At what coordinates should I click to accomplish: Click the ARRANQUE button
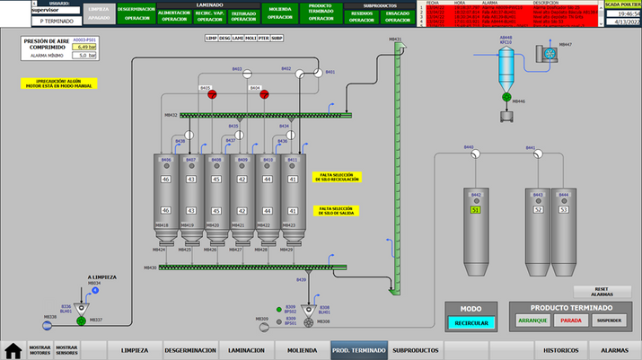pos(532,321)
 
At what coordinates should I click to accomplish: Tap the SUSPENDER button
pos(609,321)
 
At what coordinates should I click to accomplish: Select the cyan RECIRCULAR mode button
pos(471,322)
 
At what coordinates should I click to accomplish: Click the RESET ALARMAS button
pos(602,292)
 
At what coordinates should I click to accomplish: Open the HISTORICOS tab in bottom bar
pos(561,350)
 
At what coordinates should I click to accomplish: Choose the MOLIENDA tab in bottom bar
pos(300,350)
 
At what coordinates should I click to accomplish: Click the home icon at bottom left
pos(13,350)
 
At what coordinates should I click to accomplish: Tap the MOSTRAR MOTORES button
pos(40,350)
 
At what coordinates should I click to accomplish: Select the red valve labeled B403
pos(213,94)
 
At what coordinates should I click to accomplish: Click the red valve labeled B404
pos(266,94)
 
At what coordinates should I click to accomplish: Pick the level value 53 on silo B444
pos(564,209)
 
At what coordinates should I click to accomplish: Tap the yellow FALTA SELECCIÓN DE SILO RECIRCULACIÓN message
pos(337,178)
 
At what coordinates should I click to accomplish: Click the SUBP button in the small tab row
pos(277,39)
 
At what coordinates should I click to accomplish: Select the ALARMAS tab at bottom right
pos(614,350)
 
